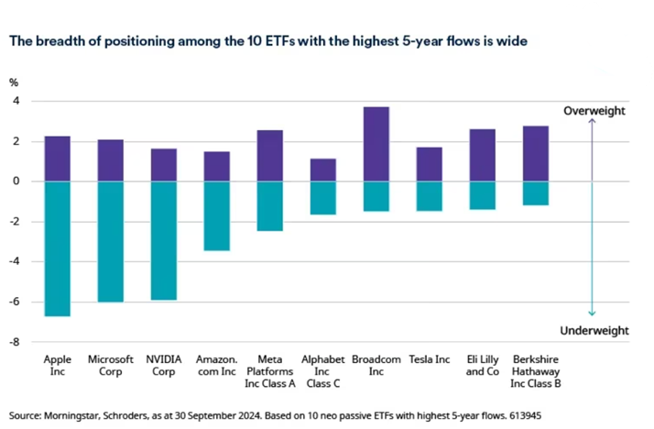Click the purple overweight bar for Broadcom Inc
tap(376, 144)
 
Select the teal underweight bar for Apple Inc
tap(57, 248)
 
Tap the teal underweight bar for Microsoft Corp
tap(110, 241)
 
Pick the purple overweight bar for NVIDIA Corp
tap(163, 165)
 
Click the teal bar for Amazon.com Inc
tap(216, 215)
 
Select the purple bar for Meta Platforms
tap(269, 156)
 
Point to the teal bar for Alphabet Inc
tap(322, 197)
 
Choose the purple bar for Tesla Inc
tap(429, 164)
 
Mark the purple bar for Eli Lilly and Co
tap(482, 155)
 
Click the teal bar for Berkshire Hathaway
tap(535, 192)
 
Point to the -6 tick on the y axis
tap(13, 302)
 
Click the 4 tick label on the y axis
tap(15, 101)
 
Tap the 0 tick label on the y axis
tap(15, 181)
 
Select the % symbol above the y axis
tap(14, 82)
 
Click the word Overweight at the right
tap(594, 111)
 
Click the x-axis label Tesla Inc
tap(429, 359)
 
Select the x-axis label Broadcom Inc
tap(376, 365)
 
